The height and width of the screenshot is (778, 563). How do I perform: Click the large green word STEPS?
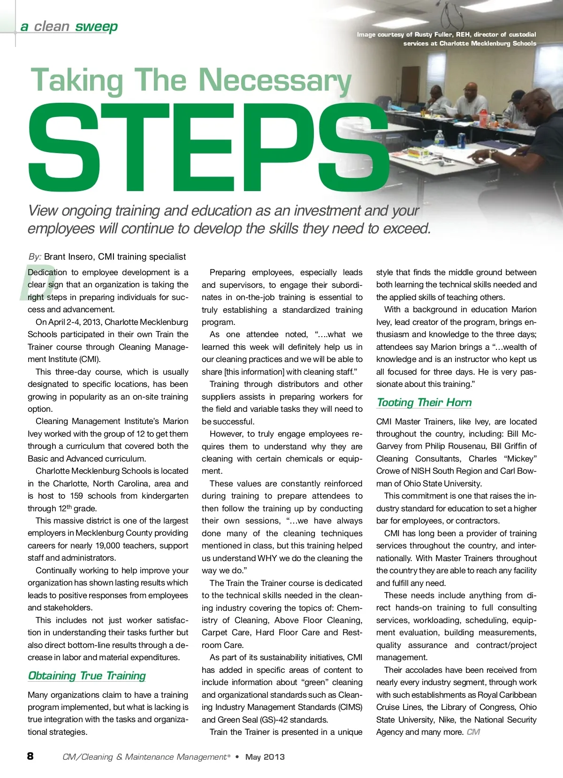tap(209, 148)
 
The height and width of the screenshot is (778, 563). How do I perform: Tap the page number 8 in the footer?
tap(30, 756)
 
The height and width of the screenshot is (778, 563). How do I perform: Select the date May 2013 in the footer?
tap(265, 757)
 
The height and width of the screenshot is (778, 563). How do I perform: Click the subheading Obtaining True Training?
tap(87, 676)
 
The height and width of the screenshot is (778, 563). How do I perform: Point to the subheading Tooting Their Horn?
tap(424, 402)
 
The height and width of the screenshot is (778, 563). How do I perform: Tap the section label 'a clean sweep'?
tap(69, 26)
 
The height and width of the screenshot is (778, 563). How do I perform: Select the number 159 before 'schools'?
tap(76, 496)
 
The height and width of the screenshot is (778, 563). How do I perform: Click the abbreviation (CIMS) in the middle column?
tap(348, 707)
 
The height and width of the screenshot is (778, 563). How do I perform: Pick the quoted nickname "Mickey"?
tap(520, 459)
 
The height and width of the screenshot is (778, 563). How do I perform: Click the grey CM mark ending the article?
tap(473, 732)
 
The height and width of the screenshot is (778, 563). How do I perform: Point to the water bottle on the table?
tap(439, 139)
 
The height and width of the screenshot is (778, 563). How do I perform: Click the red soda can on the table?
tap(461, 140)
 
